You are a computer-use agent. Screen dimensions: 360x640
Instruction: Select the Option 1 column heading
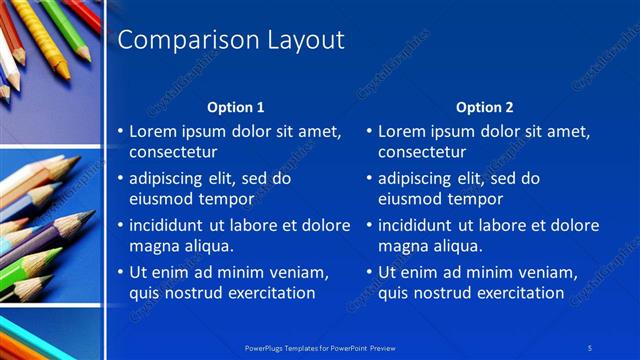tap(236, 107)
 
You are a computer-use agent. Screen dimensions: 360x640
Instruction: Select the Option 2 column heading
tap(485, 107)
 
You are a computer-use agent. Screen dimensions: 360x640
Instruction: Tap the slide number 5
tap(590, 347)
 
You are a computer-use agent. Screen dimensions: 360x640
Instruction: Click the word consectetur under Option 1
tap(173, 152)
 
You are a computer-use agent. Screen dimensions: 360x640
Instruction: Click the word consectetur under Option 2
tap(422, 152)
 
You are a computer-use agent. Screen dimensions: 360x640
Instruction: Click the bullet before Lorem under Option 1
tap(120, 131)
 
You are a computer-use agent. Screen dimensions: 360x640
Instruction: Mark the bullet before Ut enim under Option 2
tap(369, 272)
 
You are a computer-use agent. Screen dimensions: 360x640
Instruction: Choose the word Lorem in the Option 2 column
tap(402, 131)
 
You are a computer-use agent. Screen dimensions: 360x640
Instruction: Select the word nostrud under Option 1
tap(195, 293)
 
